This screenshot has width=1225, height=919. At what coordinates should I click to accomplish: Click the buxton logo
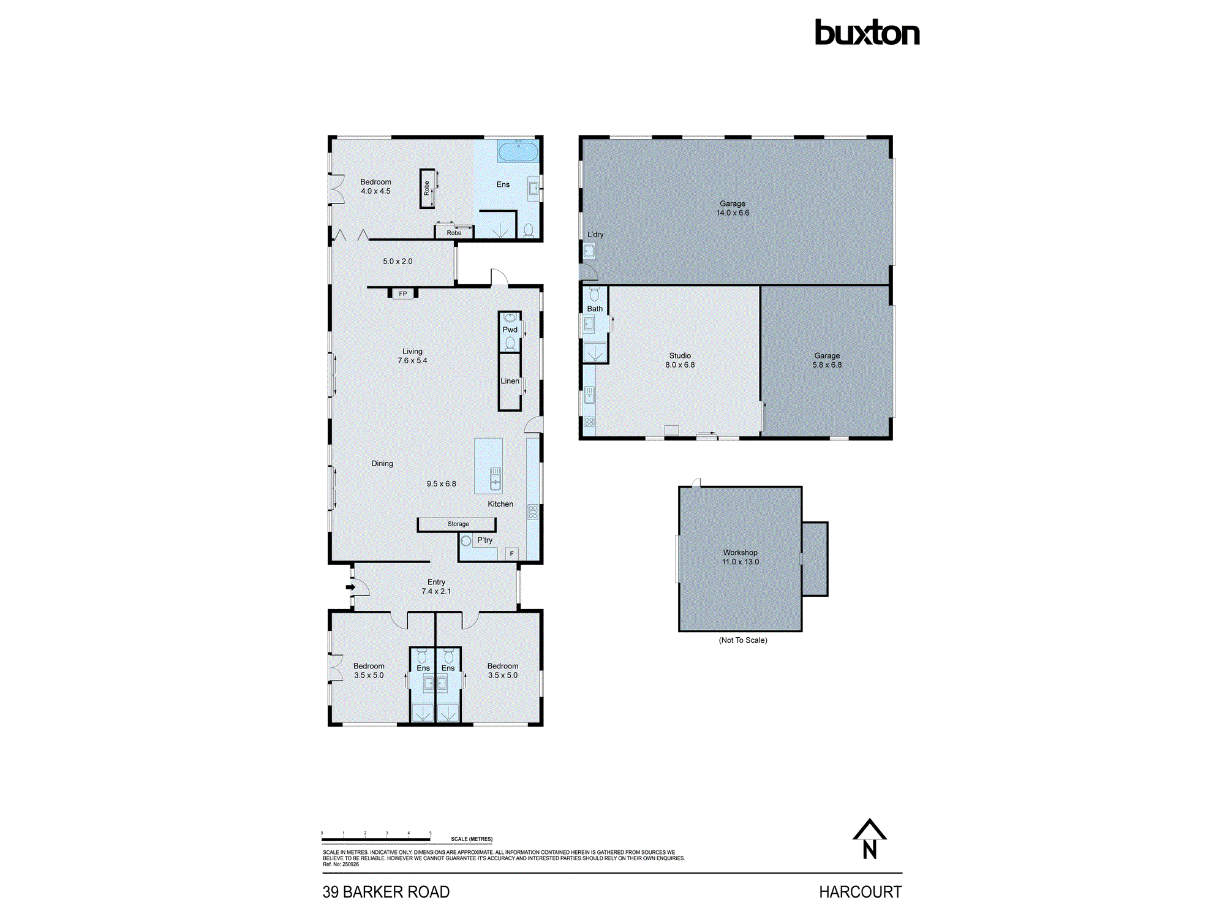tap(867, 33)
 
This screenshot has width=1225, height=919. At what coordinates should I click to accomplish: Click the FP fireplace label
tap(403, 294)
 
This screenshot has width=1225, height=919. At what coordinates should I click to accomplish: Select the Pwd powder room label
tap(510, 330)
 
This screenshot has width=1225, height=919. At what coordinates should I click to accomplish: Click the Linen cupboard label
tap(510, 381)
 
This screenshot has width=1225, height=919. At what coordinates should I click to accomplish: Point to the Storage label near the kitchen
tap(458, 524)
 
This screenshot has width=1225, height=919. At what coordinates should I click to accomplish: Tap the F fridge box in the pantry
tap(511, 554)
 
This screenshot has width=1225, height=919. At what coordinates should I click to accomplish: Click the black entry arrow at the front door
tap(350, 587)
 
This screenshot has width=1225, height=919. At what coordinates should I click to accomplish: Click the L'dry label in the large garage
tap(595, 235)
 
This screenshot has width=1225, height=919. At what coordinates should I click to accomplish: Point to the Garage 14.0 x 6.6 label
tap(733, 208)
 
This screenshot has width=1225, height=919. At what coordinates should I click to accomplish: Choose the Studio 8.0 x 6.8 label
tap(680, 360)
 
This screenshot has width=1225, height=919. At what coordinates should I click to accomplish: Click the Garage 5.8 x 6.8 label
tap(827, 360)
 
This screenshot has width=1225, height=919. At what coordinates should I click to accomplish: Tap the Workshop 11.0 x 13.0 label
tap(740, 557)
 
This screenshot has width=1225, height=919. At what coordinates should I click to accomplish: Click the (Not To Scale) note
tap(742, 640)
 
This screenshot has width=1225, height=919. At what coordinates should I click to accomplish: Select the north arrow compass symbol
tap(869, 839)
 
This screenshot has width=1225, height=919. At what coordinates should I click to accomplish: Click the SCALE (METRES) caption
tap(472, 839)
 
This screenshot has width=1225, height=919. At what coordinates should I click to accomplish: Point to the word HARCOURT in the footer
tap(860, 892)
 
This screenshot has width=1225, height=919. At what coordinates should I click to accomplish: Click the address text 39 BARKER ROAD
tap(386, 892)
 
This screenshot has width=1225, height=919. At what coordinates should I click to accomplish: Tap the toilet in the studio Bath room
tap(594, 295)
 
